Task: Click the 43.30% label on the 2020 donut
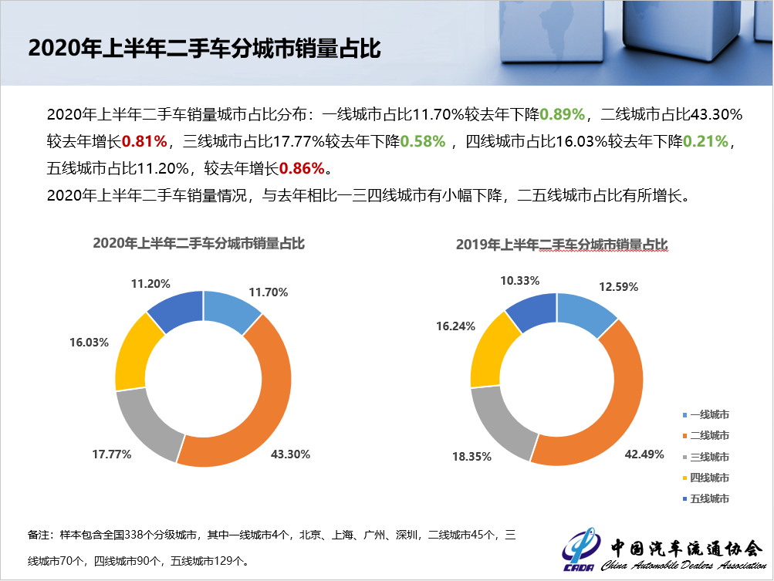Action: point(290,454)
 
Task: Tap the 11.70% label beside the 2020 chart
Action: point(268,292)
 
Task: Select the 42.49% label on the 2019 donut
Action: point(644,454)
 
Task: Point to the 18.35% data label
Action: point(472,457)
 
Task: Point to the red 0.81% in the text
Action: point(146,141)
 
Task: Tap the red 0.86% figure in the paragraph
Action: point(303,167)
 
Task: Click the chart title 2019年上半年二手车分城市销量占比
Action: point(562,245)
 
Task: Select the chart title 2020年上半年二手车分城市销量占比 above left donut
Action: point(199,244)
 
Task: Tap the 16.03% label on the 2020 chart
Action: point(89,342)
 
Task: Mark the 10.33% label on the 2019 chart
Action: point(520,281)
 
